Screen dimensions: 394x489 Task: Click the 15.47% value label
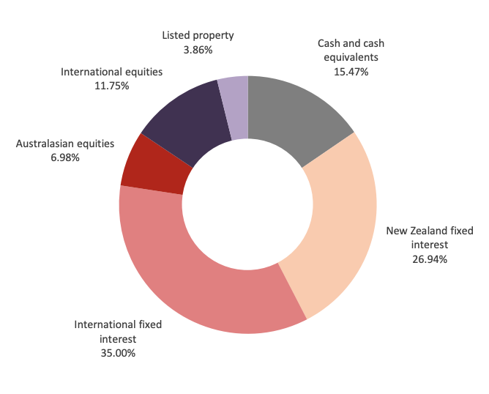click(x=350, y=72)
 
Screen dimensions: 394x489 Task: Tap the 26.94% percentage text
click(x=430, y=259)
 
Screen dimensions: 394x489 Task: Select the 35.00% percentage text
click(x=118, y=352)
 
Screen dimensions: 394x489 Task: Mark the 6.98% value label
click(x=65, y=157)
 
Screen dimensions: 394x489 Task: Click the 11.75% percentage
click(x=111, y=86)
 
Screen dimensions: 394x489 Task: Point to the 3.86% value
click(x=198, y=50)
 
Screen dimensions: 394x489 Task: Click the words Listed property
click(x=198, y=36)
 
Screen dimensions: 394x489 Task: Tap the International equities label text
click(x=111, y=72)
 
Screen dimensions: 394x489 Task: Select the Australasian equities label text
click(x=65, y=144)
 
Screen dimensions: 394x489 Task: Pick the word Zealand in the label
click(x=432, y=231)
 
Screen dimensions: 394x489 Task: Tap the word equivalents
click(x=350, y=58)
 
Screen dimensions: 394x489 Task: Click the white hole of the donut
click(x=247, y=206)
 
